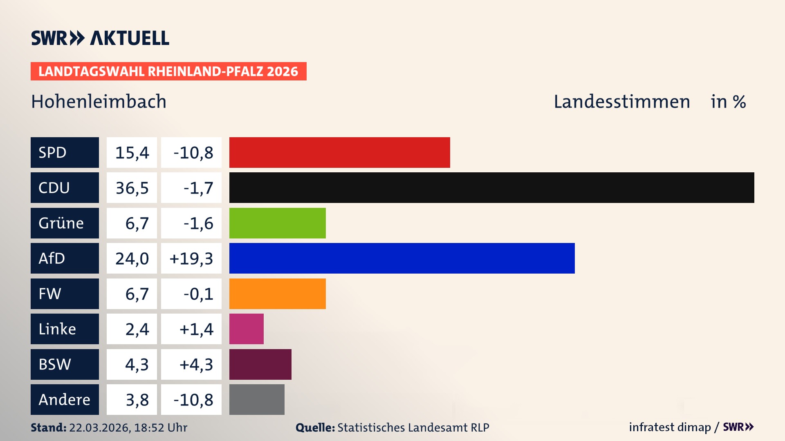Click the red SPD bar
coord(339,152)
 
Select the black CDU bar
coord(491,188)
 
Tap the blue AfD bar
coord(402,258)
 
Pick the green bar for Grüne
coord(277,223)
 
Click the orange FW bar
coord(277,294)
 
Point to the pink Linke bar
coord(246,329)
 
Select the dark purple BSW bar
coord(260,364)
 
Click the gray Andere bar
coord(257,399)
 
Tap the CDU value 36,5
coord(132,188)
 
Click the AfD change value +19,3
coord(191,258)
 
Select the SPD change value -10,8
coord(193,152)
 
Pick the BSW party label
coord(55,364)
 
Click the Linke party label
coord(57,329)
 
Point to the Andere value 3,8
coord(137,400)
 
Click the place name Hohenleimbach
coord(99,102)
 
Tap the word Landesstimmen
coord(621,102)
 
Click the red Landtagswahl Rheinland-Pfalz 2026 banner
coord(168,71)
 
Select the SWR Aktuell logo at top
coord(100,38)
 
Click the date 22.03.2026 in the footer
coord(99,428)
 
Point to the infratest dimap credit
coord(669,427)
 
